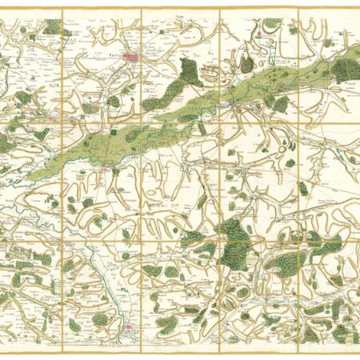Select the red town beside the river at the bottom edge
tap(130, 327)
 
